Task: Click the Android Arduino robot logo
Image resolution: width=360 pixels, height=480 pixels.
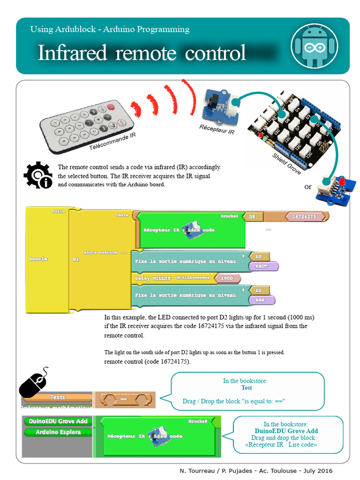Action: pos(315,46)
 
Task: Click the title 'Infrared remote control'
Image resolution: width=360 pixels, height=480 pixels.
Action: pos(142,52)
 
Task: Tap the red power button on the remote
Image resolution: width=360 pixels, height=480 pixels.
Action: pos(111,107)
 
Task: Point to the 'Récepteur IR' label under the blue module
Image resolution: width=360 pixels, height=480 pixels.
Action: pos(217,129)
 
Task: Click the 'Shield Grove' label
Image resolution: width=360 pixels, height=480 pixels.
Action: pos(286,164)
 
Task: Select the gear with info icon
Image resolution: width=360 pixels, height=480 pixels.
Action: pos(38,175)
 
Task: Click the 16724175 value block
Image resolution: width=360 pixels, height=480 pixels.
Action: pos(304,217)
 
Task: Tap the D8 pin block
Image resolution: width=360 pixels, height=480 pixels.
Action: pos(253,217)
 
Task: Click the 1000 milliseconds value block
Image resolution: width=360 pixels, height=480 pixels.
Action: pos(226,278)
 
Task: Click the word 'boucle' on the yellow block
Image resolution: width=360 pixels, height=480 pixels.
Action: pos(38,259)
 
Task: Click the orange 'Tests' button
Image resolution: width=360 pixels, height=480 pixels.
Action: pos(57,397)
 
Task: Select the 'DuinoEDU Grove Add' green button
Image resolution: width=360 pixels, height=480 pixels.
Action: pos(58,421)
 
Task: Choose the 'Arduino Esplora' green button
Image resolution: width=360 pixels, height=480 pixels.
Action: pos(58,432)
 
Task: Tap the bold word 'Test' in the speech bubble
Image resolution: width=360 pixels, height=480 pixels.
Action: pos(247,388)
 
